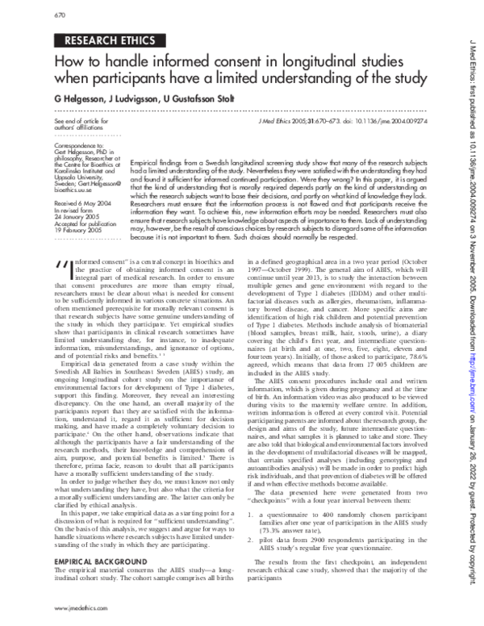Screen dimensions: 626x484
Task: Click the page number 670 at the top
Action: [35, 14]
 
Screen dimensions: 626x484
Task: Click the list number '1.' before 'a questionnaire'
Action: [252, 512]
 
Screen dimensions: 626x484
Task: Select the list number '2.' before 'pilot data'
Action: [252, 536]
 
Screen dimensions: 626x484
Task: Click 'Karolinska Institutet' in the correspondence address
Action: [66, 173]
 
